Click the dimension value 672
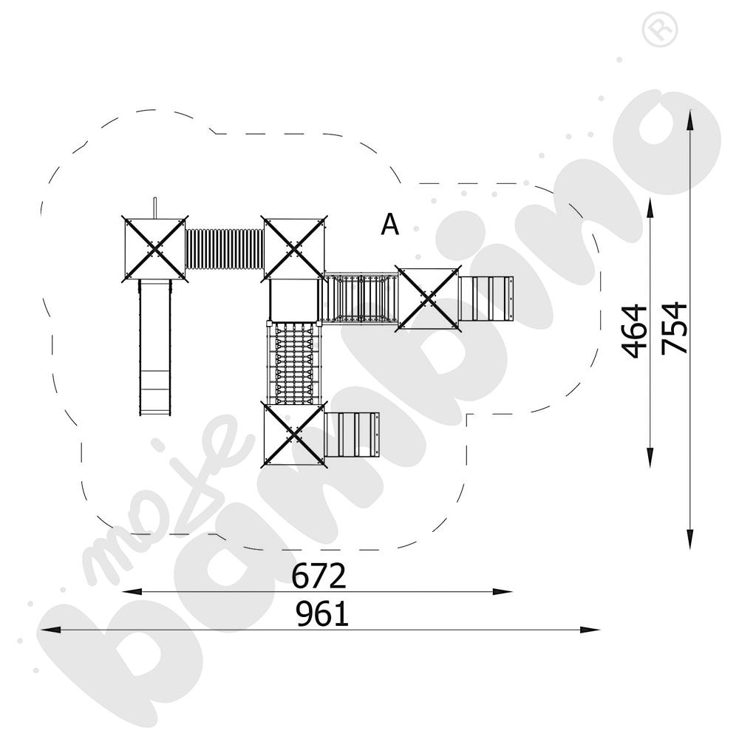pos(319,576)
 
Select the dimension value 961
pos(322,614)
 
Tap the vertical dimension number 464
pos(636,330)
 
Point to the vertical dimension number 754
pos(675,327)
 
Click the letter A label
pos(389,225)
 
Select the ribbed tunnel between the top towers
pos(225,248)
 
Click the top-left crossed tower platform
pos(154,248)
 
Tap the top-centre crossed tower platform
pos(294,248)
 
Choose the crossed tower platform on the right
pos(429,299)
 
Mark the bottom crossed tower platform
pos(294,433)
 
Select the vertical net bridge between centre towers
pos(294,361)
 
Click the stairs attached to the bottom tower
pos(352,435)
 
